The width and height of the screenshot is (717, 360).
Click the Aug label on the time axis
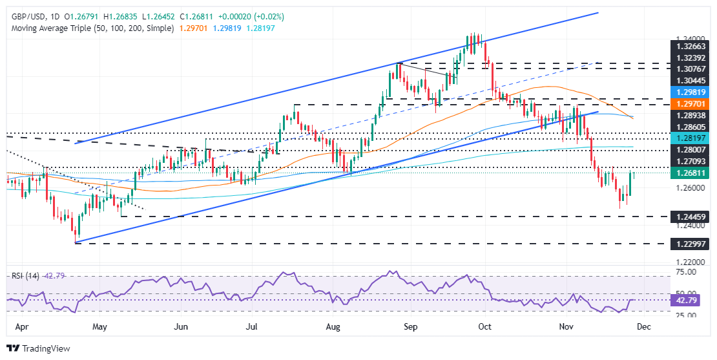coord(333,328)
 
